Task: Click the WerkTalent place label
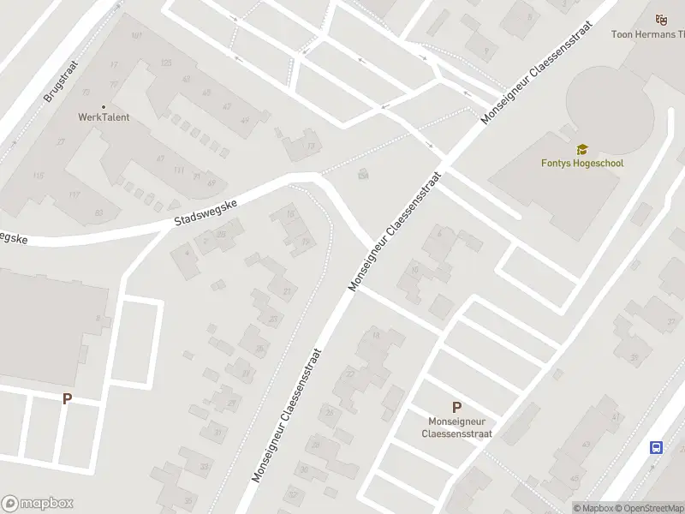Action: click(104, 117)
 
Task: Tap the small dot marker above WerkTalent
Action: click(104, 105)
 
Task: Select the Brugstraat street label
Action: click(60, 81)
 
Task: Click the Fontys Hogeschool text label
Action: click(582, 163)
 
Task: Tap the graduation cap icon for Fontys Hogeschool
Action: click(582, 150)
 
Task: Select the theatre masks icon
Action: click(660, 20)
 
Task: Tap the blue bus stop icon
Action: click(657, 447)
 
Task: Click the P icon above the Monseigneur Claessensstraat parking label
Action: click(456, 408)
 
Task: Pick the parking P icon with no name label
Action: click(67, 398)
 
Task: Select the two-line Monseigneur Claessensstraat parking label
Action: click(456, 427)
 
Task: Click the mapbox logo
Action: click(37, 504)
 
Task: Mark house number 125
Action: click(166, 63)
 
